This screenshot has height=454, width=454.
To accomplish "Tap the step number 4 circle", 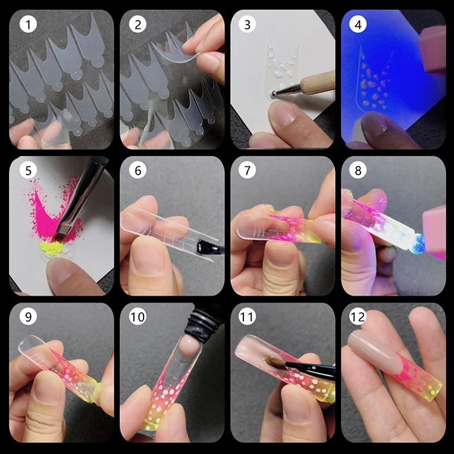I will [358, 24].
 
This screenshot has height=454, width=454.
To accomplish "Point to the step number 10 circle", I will [137, 316].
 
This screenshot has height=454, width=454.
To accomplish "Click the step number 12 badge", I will [358, 316].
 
